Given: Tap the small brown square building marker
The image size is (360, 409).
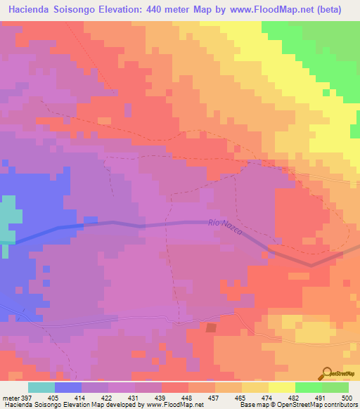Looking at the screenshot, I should click(x=211, y=327).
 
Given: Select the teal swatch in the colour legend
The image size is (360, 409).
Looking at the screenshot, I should click(x=41, y=387).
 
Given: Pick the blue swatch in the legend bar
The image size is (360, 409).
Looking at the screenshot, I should click(x=68, y=387).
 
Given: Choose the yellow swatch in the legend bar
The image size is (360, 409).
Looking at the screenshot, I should click(x=281, y=387).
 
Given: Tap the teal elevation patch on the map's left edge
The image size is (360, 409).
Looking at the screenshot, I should click(x=7, y=218).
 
